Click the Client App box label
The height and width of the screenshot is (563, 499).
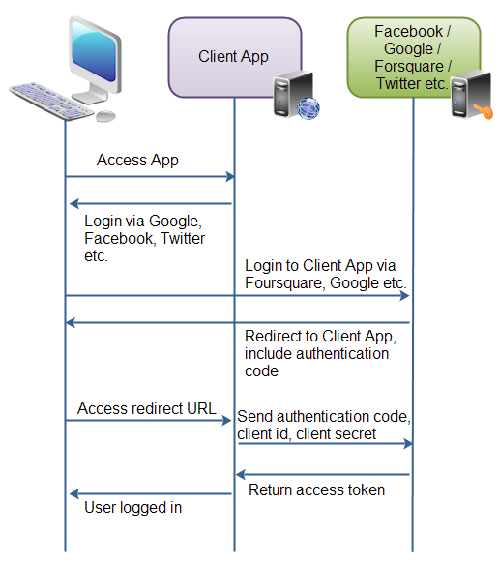point(233,56)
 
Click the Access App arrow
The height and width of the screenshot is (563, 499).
point(150,177)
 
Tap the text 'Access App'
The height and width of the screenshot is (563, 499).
point(137,160)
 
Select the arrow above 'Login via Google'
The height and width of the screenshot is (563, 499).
point(150,204)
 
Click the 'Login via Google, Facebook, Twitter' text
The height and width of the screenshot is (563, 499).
point(145,239)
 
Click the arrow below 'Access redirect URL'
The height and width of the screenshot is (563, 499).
point(150,421)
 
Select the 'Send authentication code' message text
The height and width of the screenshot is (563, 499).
point(324,425)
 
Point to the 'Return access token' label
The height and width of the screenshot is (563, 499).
point(316,490)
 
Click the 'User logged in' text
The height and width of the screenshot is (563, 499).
point(132,507)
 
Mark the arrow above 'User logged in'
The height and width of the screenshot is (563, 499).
point(150,493)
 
